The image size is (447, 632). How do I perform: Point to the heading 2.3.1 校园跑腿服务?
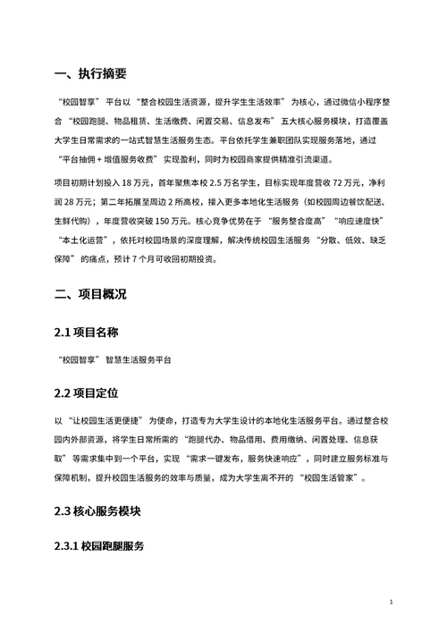(x=99, y=545)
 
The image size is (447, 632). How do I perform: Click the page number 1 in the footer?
(x=392, y=604)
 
